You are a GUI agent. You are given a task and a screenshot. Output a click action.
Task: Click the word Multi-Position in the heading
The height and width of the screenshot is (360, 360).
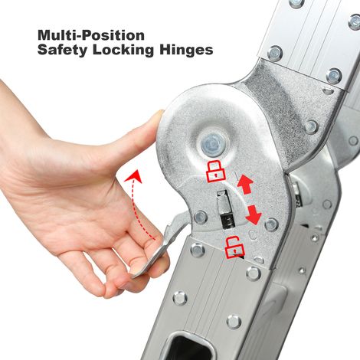coord(91,35)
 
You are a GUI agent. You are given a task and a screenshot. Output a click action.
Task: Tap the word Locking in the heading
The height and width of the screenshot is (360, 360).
coord(123,50)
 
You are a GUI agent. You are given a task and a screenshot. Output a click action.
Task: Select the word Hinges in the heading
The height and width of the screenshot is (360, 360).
coord(186,50)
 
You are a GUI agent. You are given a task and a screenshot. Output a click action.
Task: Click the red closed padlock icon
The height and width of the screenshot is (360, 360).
coord(216,172)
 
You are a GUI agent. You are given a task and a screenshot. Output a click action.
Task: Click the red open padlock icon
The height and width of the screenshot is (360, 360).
coord(234,247)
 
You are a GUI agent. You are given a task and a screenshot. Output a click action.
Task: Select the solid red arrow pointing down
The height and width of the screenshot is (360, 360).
coord(254,214)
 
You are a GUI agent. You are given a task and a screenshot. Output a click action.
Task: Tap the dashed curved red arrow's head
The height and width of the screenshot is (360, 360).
coord(135,175)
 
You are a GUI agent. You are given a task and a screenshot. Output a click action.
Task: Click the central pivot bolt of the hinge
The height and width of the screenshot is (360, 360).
coord(211,145)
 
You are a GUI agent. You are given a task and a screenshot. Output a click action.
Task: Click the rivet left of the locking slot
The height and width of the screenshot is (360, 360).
coord(201,217)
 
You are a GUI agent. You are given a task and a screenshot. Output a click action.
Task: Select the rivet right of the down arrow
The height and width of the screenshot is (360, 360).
coord(271,224)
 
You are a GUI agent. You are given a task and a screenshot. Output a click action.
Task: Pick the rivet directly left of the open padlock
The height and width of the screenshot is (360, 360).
coord(198,250)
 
